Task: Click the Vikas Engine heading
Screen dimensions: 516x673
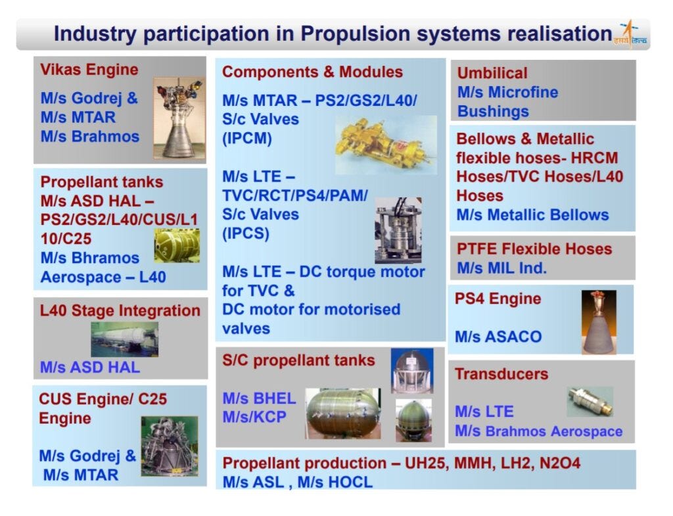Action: (89, 70)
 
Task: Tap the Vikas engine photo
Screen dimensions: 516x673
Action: (179, 118)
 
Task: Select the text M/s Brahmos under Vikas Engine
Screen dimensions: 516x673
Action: (90, 137)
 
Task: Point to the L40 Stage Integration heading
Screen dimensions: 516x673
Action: (120, 311)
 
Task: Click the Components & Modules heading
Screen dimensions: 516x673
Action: (312, 72)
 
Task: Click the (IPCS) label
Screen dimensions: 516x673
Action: (247, 233)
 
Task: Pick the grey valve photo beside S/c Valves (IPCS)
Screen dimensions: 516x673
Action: (398, 231)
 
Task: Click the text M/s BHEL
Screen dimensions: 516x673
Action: (259, 398)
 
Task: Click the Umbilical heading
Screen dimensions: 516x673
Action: (492, 73)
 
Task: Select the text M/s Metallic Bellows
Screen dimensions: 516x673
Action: (532, 215)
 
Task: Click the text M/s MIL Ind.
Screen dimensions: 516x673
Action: (502, 268)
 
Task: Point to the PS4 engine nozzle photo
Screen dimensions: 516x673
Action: (598, 322)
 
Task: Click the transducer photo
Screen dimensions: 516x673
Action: (590, 400)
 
